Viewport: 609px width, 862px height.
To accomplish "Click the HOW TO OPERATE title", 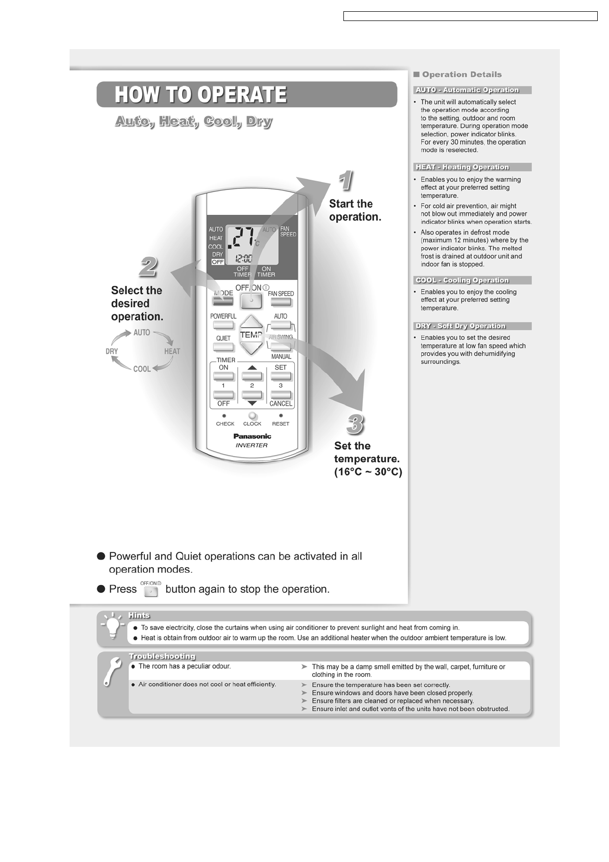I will pyautogui.click(x=201, y=95).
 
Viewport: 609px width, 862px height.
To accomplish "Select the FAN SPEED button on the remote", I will pyautogui.click(x=281, y=302).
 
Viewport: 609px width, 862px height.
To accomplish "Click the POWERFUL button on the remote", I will pyautogui.click(x=223, y=325).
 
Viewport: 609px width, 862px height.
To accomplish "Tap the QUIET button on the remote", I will pyautogui.click(x=223, y=347).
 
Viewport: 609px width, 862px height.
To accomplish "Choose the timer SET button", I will pyautogui.click(x=280, y=376).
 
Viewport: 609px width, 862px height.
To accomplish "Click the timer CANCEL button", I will pyautogui.click(x=280, y=395).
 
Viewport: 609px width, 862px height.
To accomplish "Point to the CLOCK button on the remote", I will pyautogui.click(x=252, y=416).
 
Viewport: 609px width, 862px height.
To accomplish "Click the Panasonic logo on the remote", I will pyautogui.click(x=252, y=436).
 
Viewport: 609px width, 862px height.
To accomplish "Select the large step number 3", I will pyautogui.click(x=355, y=424).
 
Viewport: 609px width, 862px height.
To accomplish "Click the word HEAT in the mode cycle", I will pyautogui.click(x=172, y=351).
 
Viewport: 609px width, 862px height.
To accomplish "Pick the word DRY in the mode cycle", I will pyautogui.click(x=112, y=351).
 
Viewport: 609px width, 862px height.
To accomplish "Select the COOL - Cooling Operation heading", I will pyautogui.click(x=462, y=281).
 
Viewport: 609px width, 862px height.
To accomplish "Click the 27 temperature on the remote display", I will pyautogui.click(x=242, y=238).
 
